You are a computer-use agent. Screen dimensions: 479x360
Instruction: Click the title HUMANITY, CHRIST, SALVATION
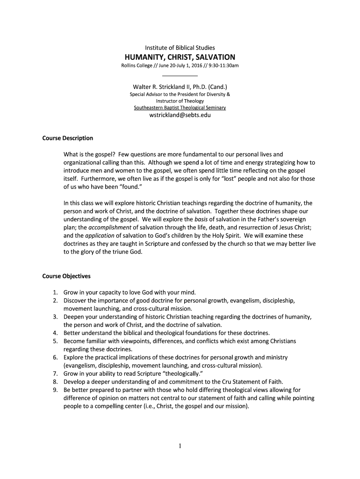tap(180, 57)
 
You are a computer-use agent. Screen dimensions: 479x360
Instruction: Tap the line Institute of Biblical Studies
tap(180, 48)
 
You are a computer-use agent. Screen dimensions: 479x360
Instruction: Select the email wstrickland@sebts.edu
tap(180, 115)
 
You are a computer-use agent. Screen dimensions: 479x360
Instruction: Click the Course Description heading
tap(68, 138)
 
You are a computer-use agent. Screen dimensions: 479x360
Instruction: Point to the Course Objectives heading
tap(66, 276)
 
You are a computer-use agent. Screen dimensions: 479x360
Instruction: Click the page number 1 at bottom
tap(180, 446)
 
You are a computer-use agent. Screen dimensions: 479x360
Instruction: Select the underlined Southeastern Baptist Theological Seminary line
tap(180, 108)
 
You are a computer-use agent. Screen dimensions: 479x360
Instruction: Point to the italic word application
tap(100, 236)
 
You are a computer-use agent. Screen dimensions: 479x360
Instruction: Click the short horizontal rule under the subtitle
tap(180, 76)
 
